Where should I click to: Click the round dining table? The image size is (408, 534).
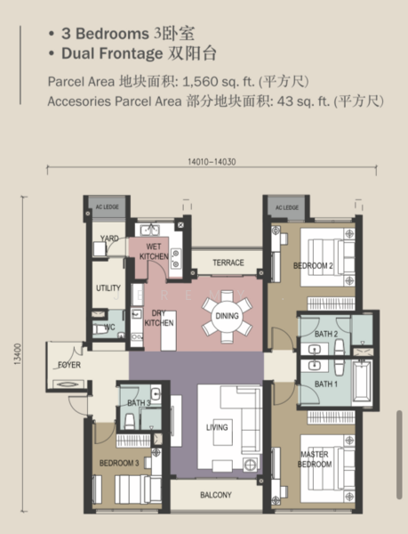[227, 316]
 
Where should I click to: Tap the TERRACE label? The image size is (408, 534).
[228, 263]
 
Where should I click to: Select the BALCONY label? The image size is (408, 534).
[216, 495]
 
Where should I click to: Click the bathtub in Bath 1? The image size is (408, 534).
[361, 382]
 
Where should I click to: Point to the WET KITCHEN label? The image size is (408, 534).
[154, 251]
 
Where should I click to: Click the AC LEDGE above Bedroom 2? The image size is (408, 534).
[287, 207]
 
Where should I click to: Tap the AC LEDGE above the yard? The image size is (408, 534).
[107, 206]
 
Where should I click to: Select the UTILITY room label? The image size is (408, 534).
[108, 288]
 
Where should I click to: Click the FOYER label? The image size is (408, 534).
[69, 365]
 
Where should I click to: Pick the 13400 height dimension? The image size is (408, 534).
[18, 354]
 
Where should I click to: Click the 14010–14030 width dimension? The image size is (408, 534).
[212, 162]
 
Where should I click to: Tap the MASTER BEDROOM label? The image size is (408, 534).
[315, 459]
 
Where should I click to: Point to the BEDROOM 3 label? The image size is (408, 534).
[119, 463]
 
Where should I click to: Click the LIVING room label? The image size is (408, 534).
[217, 427]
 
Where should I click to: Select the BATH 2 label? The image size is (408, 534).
[326, 334]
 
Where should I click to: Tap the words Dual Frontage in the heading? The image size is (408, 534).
[112, 53]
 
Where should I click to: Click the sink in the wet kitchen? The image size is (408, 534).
[150, 230]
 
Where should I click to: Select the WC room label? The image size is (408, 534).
[109, 328]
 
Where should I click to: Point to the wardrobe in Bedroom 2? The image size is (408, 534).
[331, 303]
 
